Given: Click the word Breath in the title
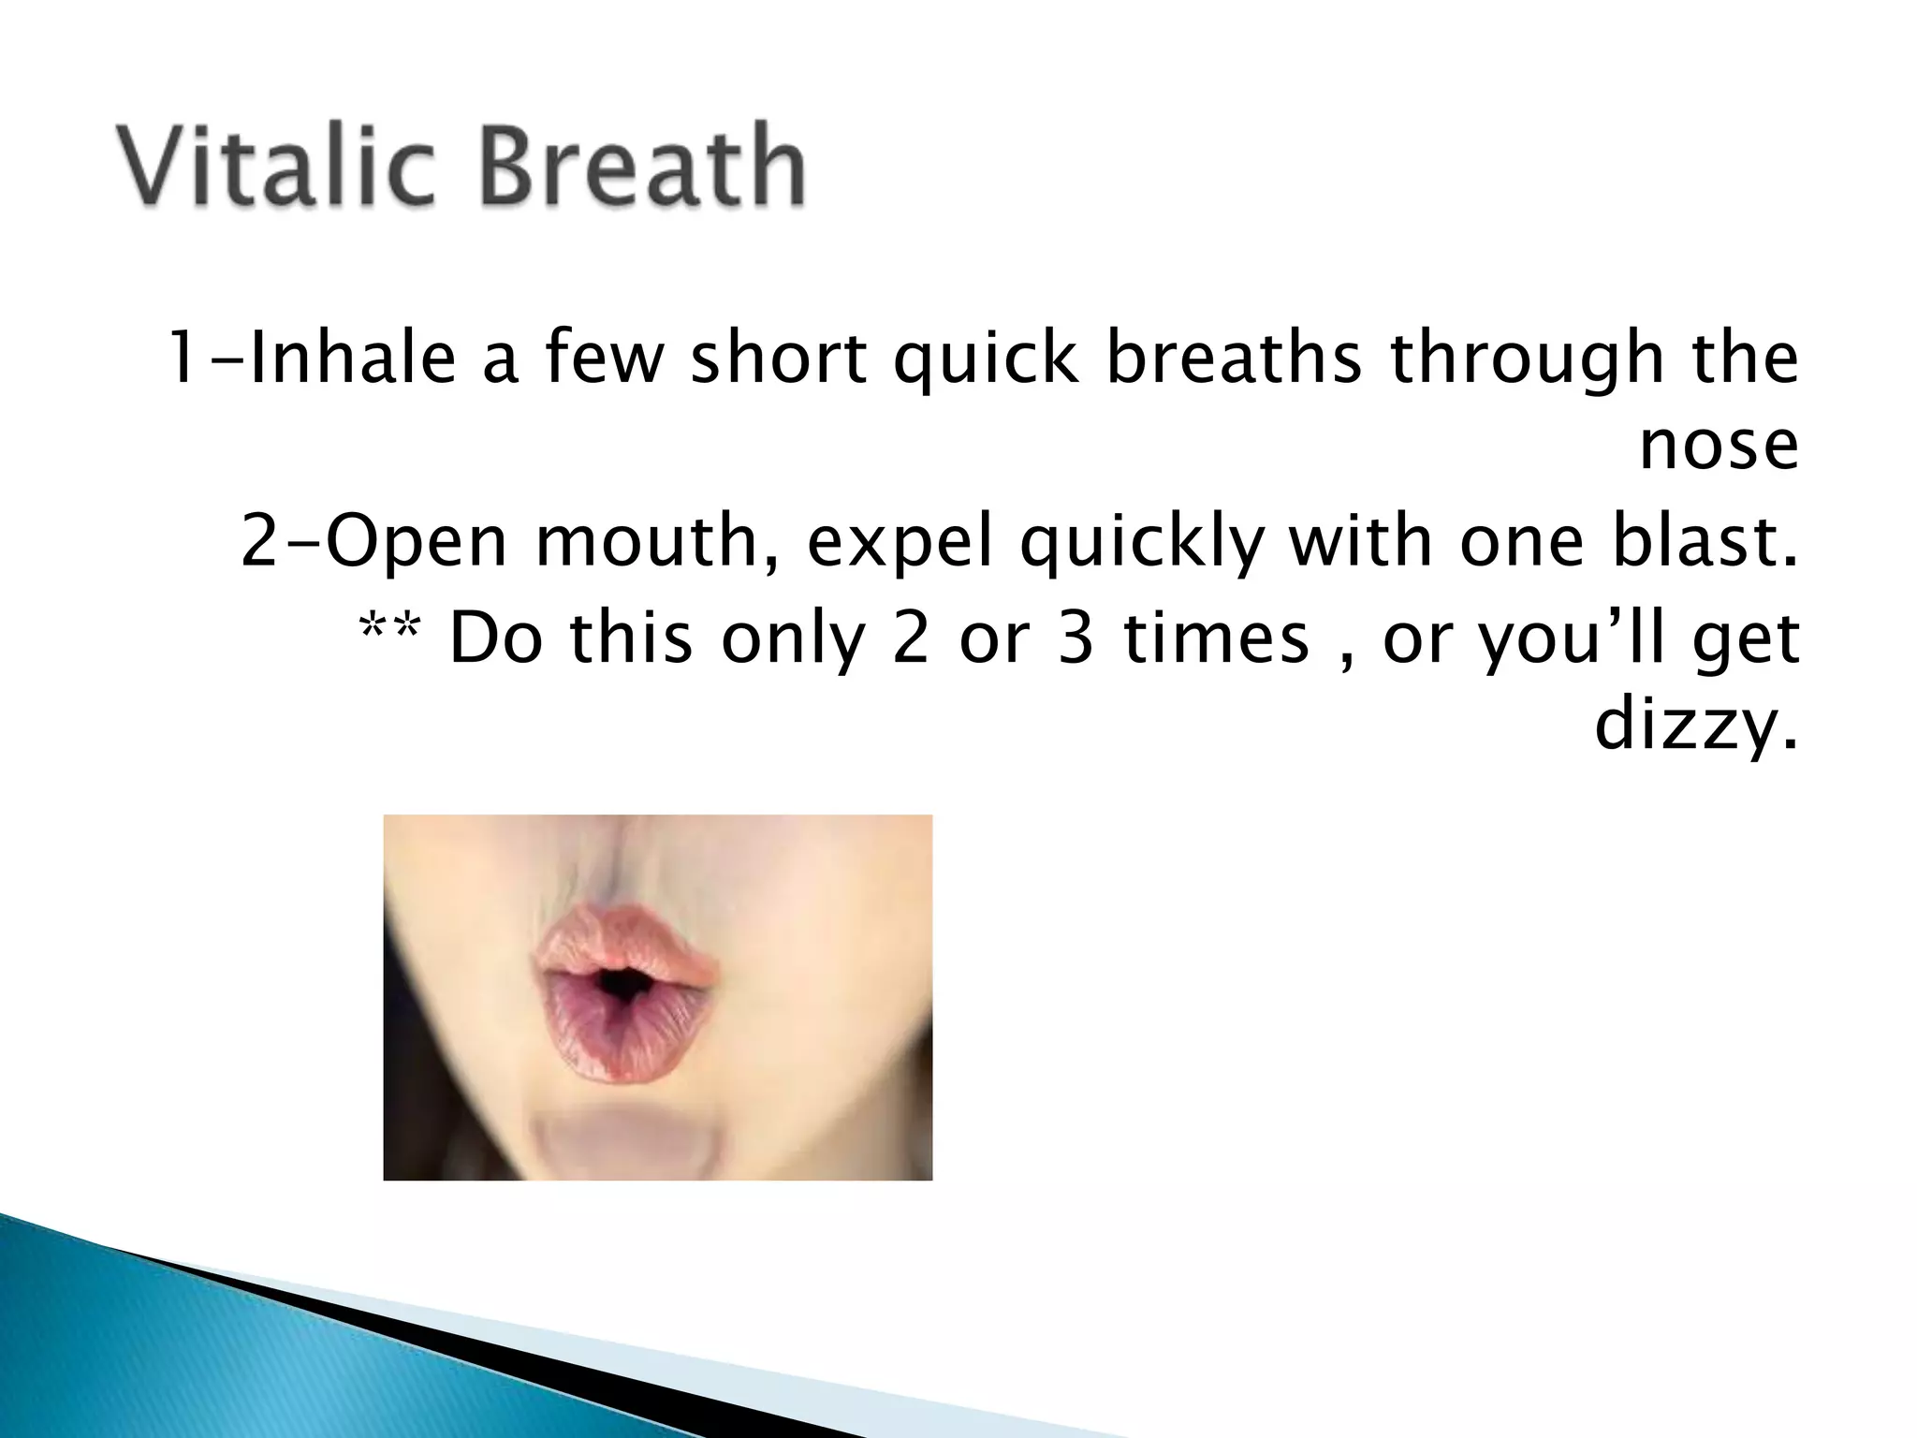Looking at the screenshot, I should point(642,167).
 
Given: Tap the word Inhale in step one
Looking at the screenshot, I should point(354,358).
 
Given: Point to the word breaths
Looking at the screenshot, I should point(1234,358).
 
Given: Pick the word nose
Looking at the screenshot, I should point(1719,448).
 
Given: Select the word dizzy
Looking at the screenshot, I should point(1696,726).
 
